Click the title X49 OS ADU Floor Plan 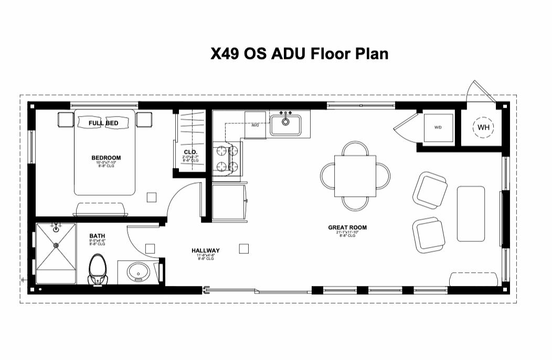pyautogui.click(x=299, y=54)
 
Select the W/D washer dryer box pyautogui.click(x=438, y=128)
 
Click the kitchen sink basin pyautogui.click(x=285, y=125)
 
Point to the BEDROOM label pyautogui.click(x=106, y=157)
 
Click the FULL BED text pyautogui.click(x=103, y=123)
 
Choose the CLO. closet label pyautogui.click(x=190, y=153)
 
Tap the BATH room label pyautogui.click(x=98, y=237)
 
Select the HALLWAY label pyautogui.click(x=205, y=250)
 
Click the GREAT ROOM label pyautogui.click(x=347, y=228)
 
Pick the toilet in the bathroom pyautogui.click(x=97, y=269)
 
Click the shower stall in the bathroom pyautogui.click(x=56, y=255)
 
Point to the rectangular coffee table pyautogui.click(x=470, y=214)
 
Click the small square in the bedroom pyautogui.click(x=151, y=197)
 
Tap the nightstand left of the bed pyautogui.click(x=66, y=120)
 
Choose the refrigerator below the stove pyautogui.click(x=228, y=202)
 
